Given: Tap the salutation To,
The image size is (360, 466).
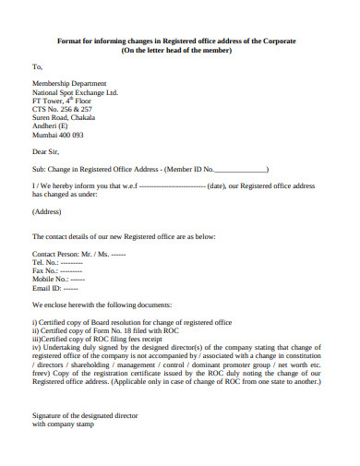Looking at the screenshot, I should (x=38, y=67).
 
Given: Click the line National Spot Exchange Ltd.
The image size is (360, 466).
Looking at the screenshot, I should (x=76, y=93).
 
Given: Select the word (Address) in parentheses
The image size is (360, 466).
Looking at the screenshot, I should (x=47, y=211).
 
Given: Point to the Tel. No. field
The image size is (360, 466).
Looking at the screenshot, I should (x=57, y=261).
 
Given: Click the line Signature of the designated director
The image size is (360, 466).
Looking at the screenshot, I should (x=85, y=415).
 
